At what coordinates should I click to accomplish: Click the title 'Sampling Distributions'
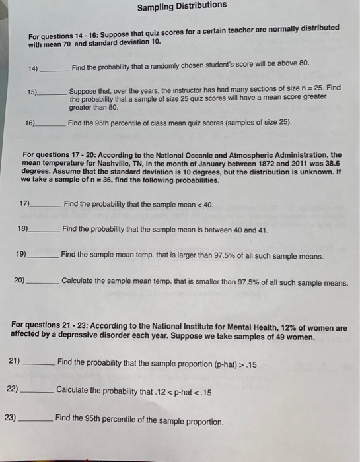tap(182, 6)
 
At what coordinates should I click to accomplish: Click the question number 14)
tap(33, 68)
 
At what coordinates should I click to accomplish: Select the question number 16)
tap(30, 123)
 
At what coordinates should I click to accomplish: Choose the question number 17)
tap(25, 205)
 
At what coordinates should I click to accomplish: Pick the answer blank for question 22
tap(37, 390)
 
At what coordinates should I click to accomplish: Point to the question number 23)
tap(11, 418)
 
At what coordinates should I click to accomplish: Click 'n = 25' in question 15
tap(310, 87)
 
